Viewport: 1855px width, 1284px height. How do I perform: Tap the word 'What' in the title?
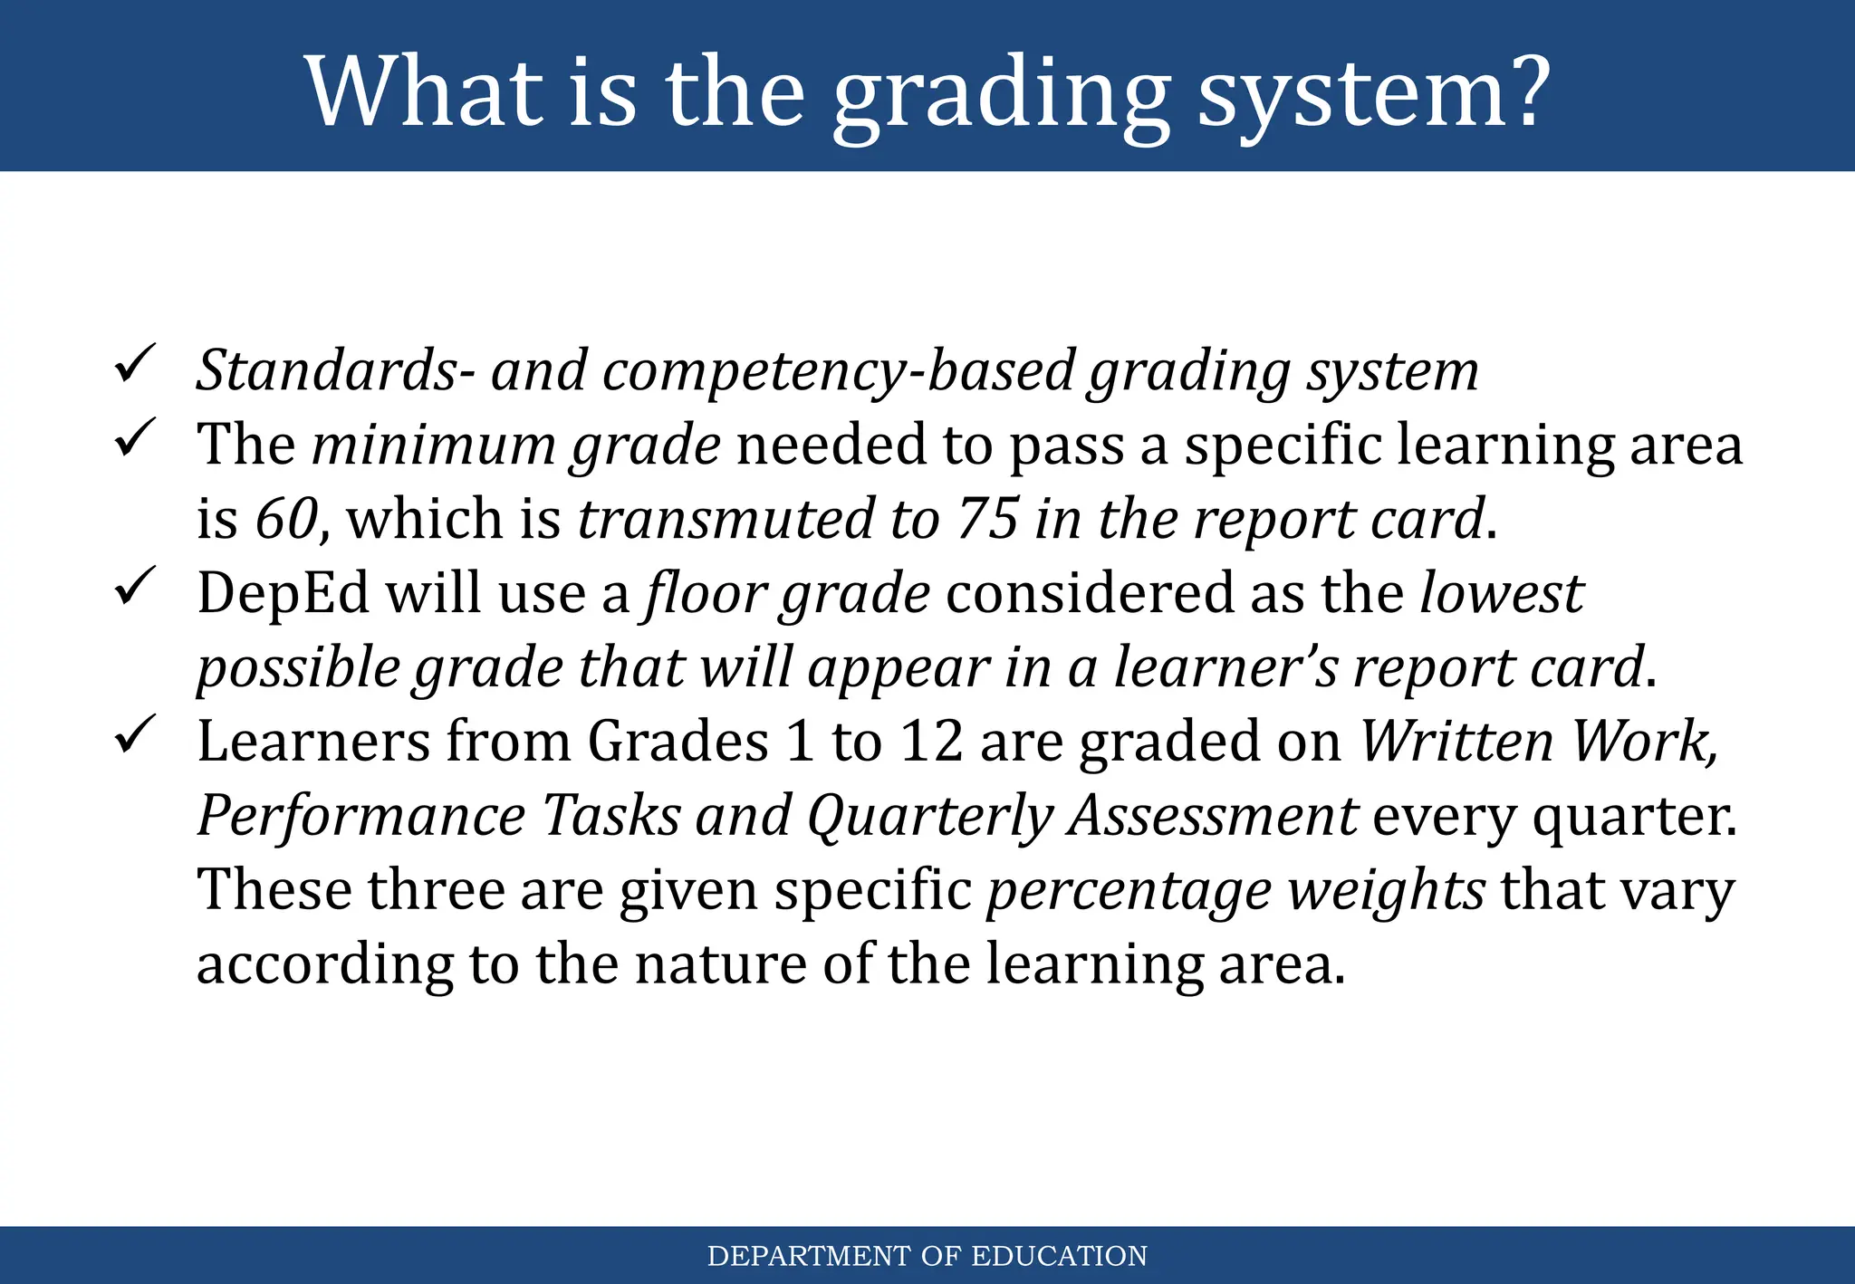click(424, 91)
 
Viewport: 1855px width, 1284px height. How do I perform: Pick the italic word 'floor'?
click(704, 594)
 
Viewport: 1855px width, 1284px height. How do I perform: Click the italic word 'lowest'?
click(1501, 594)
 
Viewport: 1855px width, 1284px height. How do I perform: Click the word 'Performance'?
click(361, 816)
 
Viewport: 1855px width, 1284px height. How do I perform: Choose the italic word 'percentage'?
click(1129, 890)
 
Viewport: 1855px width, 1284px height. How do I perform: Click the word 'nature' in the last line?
click(720, 963)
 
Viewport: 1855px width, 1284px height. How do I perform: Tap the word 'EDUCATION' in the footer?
click(1059, 1256)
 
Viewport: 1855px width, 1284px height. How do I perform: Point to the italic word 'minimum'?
click(433, 446)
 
